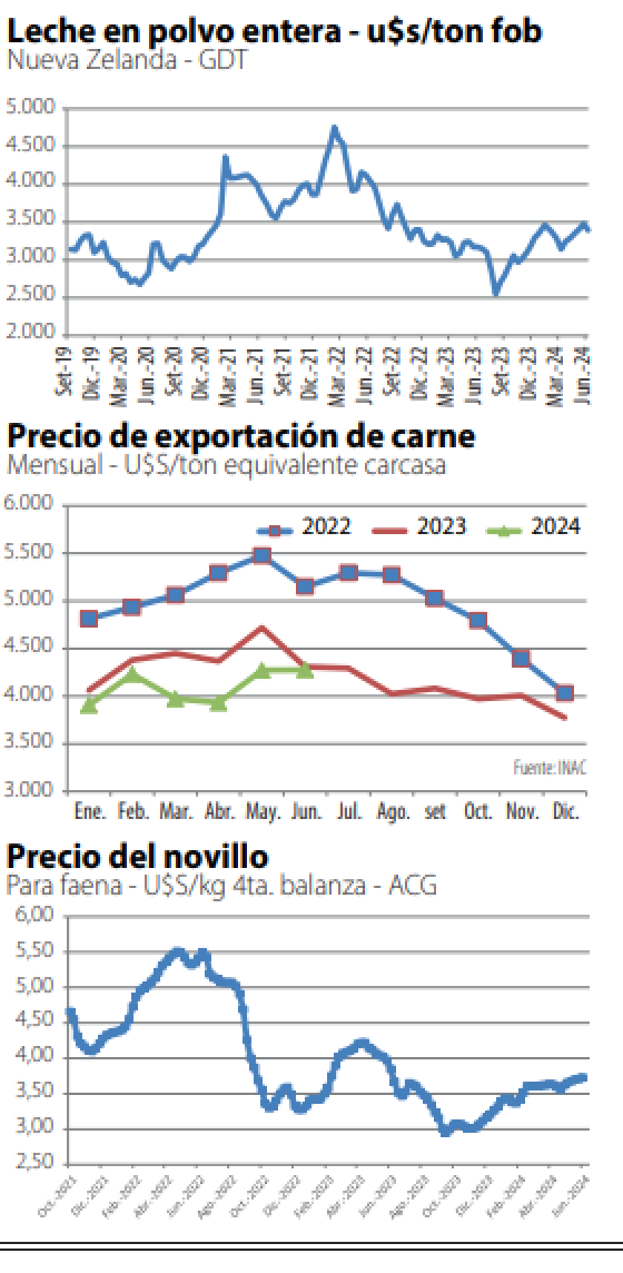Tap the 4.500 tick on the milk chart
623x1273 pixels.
(30, 145)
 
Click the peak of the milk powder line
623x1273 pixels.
(334, 129)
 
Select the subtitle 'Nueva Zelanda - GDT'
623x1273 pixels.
(126, 59)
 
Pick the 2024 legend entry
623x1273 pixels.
(535, 527)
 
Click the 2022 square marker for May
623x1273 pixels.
(262, 556)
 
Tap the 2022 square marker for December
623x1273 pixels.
(565, 693)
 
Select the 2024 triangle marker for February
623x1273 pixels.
(132, 674)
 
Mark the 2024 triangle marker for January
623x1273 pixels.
(89, 705)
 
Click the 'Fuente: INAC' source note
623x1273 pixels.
(550, 767)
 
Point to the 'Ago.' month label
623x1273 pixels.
(392, 812)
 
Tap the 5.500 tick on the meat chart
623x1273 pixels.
(29, 552)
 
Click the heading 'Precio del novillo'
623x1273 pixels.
(137, 857)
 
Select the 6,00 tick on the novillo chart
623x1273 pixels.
(35, 915)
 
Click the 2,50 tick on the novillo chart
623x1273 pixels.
(35, 1161)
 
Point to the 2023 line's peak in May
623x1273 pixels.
(262, 628)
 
